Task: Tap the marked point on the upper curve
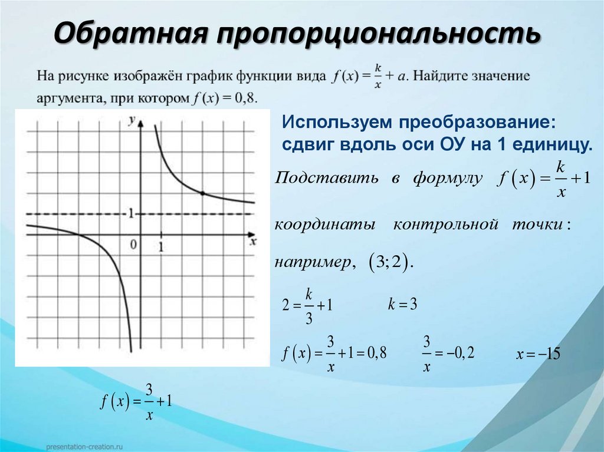pos(202,193)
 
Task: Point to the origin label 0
pos(134,244)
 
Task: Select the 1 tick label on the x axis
pos(160,246)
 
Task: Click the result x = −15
pos(537,355)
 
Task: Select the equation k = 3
pos(403,305)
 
